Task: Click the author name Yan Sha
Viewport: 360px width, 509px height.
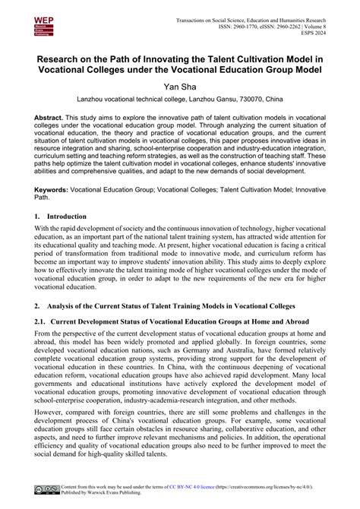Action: [180, 85]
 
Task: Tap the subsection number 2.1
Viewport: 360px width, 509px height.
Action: [42, 322]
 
